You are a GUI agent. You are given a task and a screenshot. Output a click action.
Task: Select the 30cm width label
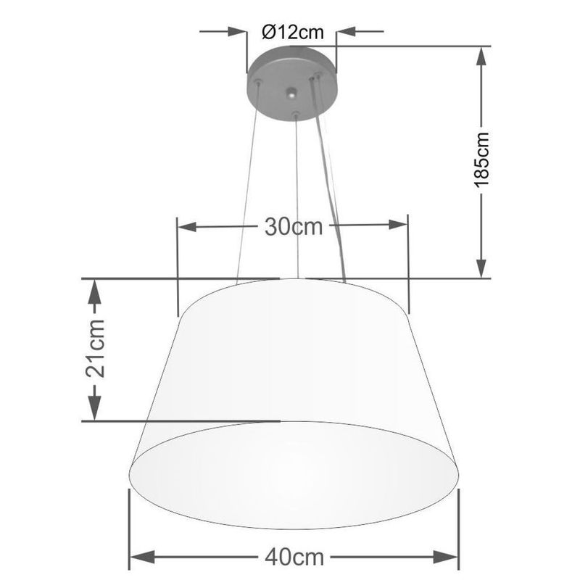point(293,227)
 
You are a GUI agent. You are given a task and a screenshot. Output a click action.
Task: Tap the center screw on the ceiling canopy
point(291,93)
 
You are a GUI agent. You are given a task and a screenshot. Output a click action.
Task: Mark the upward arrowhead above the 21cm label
point(94,291)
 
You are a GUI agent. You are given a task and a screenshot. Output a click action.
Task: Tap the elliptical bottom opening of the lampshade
point(294,475)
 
